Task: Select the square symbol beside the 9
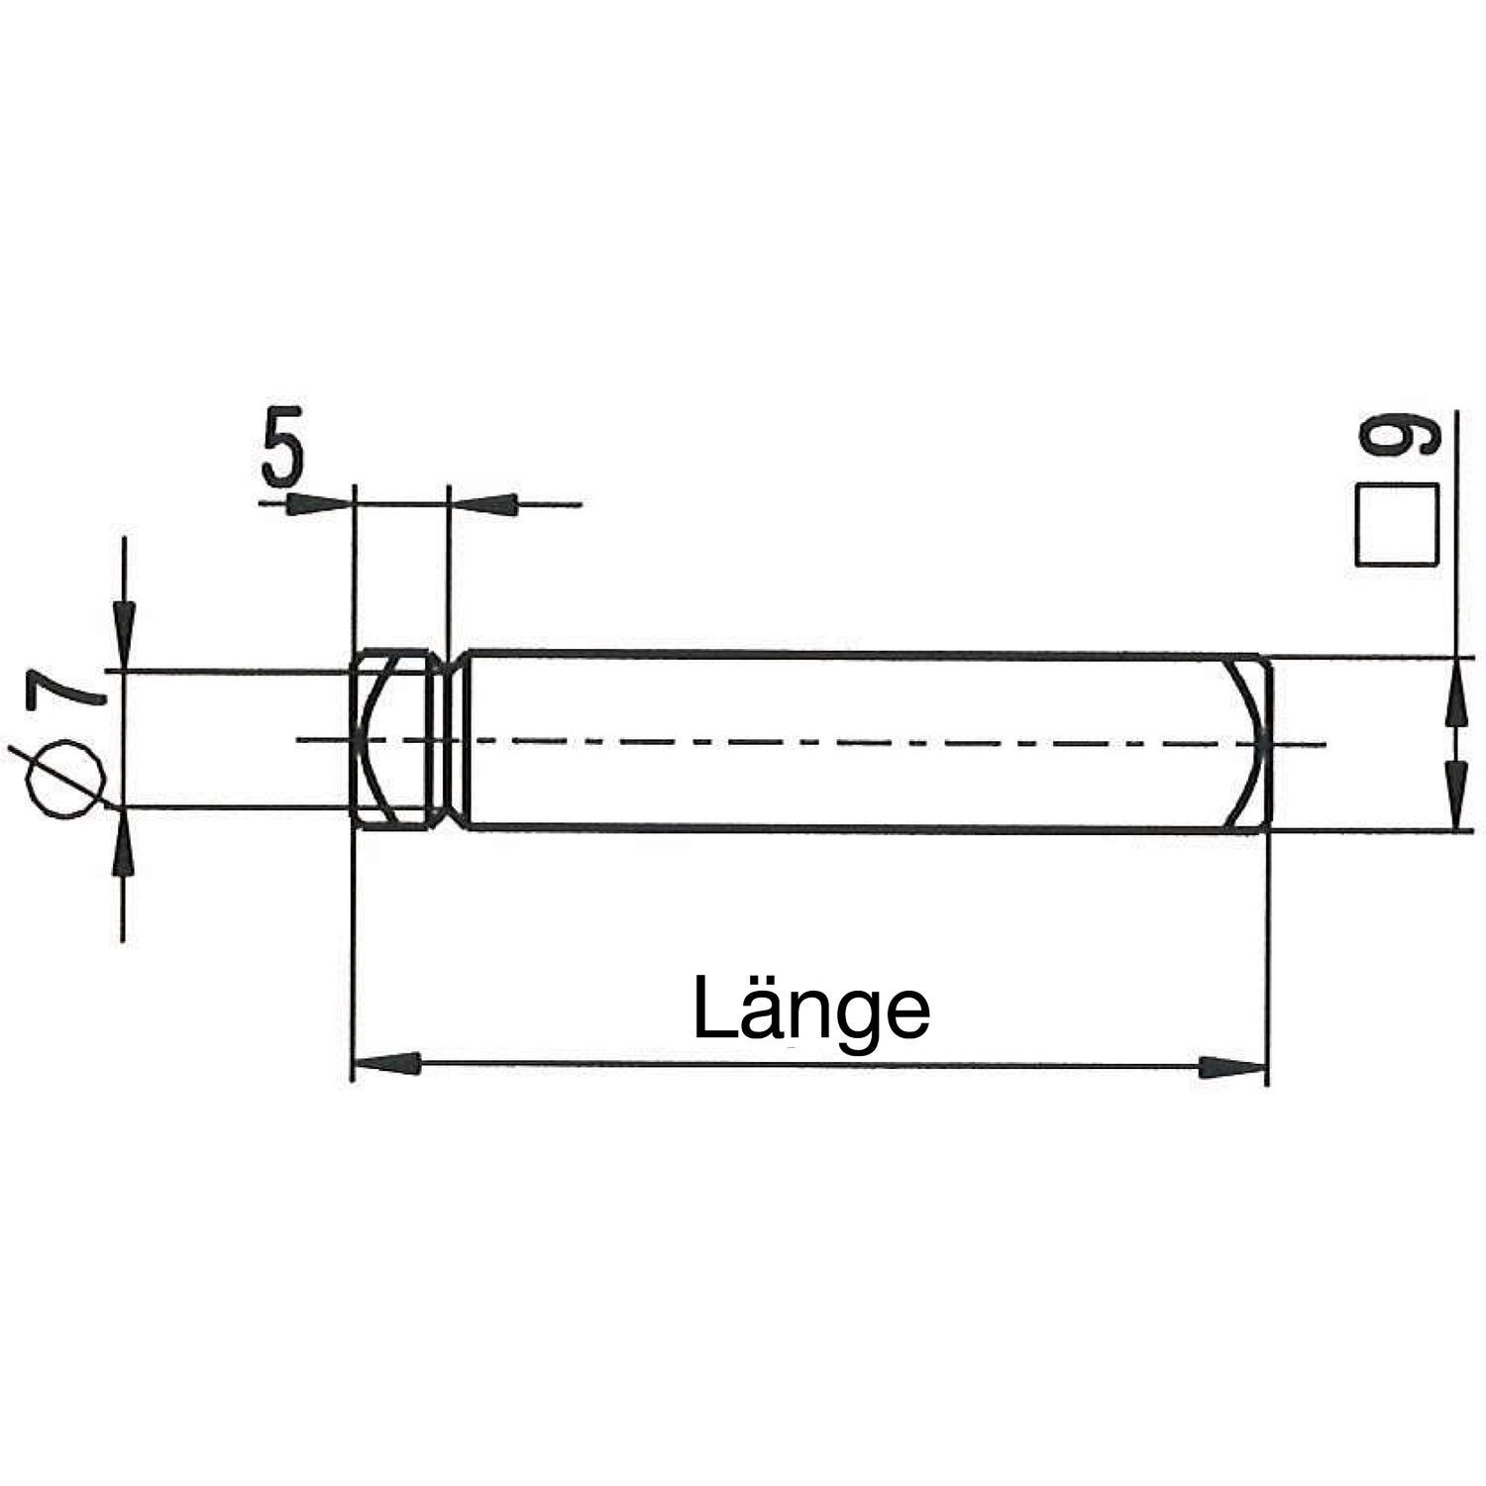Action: [x=1397, y=525]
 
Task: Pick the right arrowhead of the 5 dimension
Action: [x=482, y=503]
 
